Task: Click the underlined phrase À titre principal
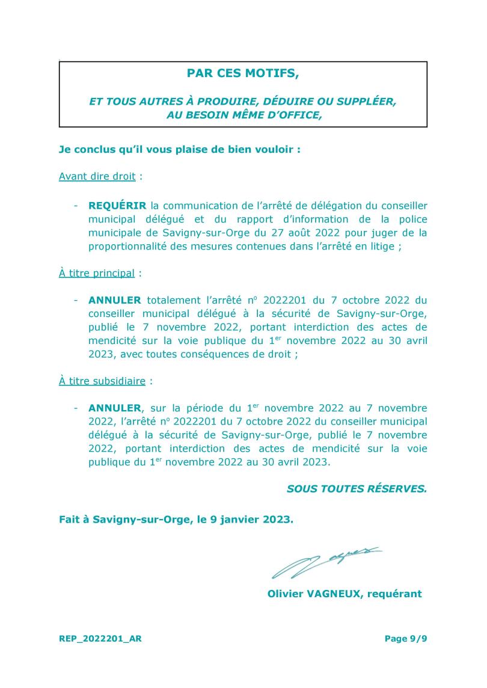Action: tap(97, 272)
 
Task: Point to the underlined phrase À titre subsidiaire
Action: tap(102, 381)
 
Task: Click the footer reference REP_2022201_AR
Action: tap(100, 639)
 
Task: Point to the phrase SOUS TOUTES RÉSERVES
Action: tap(357, 489)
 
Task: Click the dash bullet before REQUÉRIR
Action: tap(76, 206)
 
